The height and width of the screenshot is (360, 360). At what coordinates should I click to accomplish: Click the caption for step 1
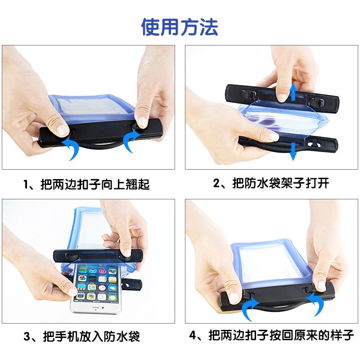[86, 184]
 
